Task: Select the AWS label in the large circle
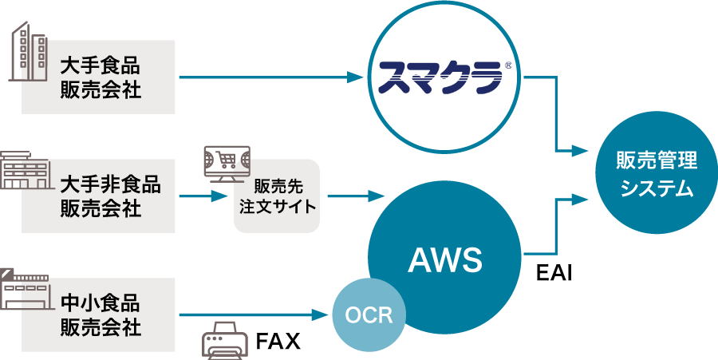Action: pyautogui.click(x=445, y=260)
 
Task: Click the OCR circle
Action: pyautogui.click(x=369, y=315)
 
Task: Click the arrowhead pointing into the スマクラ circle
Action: pyautogui.click(x=357, y=77)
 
